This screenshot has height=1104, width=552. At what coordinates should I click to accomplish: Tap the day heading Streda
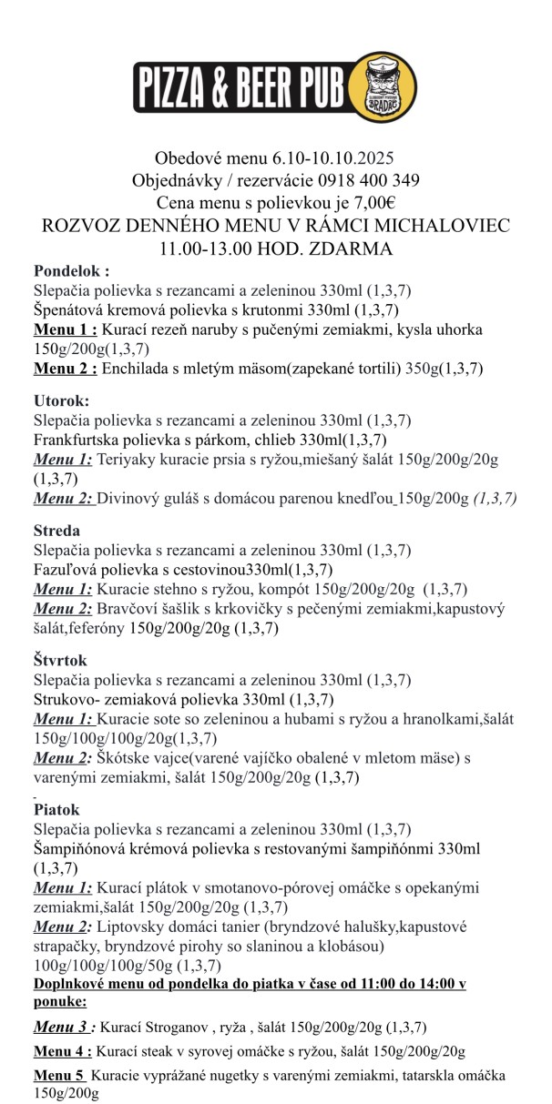tap(56, 530)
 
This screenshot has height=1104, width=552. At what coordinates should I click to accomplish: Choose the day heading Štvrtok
tap(60, 661)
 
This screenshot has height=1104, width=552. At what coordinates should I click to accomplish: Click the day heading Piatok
tap(56, 809)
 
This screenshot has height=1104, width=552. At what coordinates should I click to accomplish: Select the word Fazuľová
tap(66, 570)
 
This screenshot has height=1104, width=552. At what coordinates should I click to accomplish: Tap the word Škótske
tap(123, 757)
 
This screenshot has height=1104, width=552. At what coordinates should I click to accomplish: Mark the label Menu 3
tap(63, 1027)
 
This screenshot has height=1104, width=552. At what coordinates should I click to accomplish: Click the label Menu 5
tap(59, 1077)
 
